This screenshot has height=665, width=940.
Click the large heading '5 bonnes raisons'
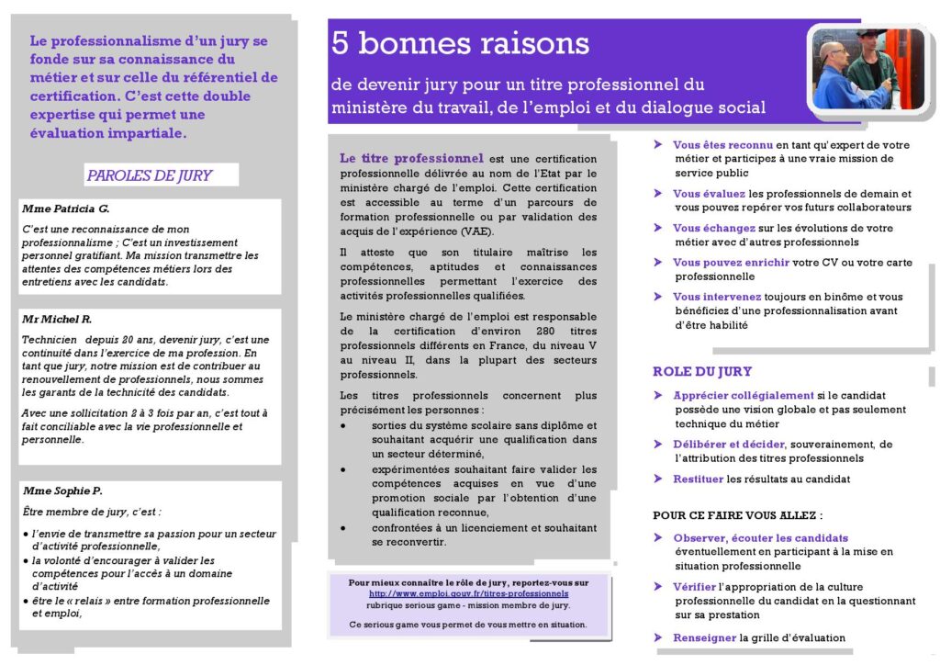(460, 43)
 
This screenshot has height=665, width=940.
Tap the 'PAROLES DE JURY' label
(149, 175)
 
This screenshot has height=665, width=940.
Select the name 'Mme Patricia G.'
(65, 209)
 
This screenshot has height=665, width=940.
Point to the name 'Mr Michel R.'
(57, 319)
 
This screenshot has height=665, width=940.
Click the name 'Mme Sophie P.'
(62, 490)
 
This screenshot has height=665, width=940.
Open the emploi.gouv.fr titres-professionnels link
(468, 593)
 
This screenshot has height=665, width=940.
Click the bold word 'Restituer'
(698, 479)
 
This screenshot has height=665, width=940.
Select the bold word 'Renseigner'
(705, 637)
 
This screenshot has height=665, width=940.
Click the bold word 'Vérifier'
(695, 586)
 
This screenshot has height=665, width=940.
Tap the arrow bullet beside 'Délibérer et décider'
(659, 445)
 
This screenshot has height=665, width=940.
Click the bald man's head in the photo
(832, 51)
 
